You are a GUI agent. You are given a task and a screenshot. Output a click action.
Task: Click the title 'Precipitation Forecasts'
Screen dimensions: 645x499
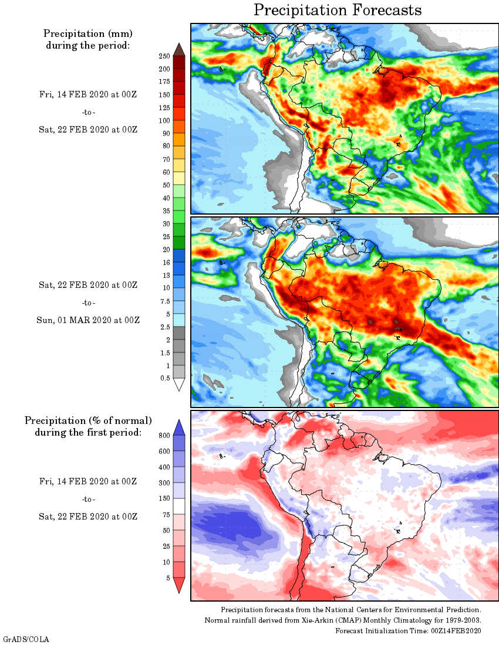point(338,10)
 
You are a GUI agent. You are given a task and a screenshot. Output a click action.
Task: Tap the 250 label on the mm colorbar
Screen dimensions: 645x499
point(164,56)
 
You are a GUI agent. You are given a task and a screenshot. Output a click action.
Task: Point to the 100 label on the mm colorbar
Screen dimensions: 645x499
point(164,121)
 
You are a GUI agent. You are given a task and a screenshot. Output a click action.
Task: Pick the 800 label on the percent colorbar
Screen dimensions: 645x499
point(164,436)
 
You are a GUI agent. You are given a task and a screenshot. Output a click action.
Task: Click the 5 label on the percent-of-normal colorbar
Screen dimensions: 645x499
point(167,578)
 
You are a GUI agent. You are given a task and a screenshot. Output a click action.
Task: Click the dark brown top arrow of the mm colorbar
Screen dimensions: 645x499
point(179,49)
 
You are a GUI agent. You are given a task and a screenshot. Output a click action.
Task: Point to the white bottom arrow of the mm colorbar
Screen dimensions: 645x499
point(179,384)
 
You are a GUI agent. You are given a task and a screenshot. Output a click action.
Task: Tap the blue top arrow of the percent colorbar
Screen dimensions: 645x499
point(179,427)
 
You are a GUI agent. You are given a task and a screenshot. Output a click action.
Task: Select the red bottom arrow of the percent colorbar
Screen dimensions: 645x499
point(179,586)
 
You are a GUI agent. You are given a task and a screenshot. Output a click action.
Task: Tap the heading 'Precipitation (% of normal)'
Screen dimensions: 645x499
point(88,420)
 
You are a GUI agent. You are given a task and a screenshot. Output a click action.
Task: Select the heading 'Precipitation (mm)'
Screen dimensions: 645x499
point(88,33)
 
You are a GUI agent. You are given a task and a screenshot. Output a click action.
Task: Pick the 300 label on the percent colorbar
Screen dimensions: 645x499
point(164,483)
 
